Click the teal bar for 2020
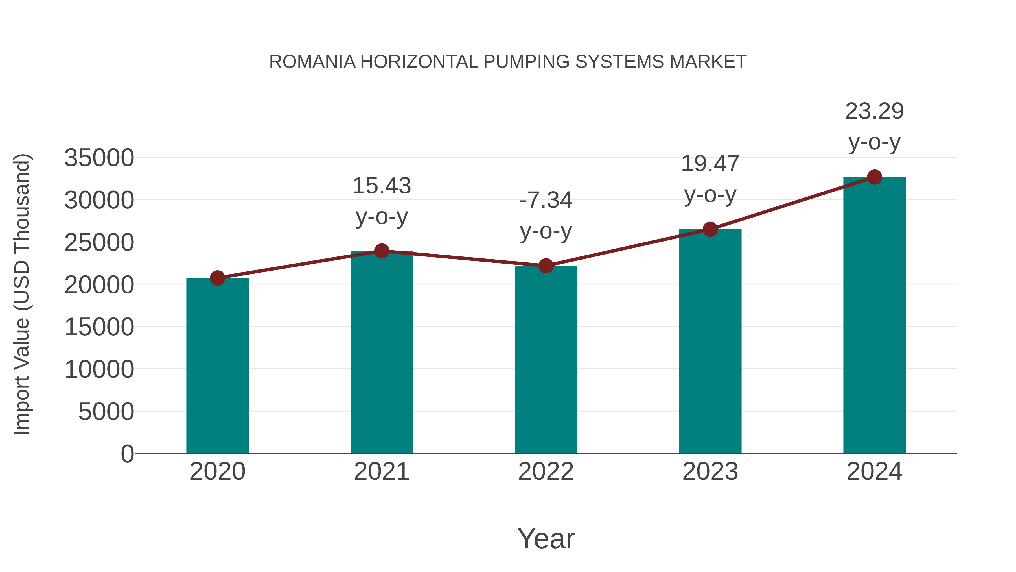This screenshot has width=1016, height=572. pyautogui.click(x=217, y=365)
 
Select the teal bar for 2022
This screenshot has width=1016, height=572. pyautogui.click(x=546, y=359)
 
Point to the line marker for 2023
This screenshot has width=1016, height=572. pyautogui.click(x=710, y=229)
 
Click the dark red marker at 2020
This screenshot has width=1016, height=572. pyautogui.click(x=217, y=278)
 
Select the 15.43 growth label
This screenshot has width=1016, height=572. pyautogui.click(x=381, y=186)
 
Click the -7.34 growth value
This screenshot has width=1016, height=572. pyautogui.click(x=546, y=200)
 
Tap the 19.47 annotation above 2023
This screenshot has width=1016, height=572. pyautogui.click(x=710, y=164)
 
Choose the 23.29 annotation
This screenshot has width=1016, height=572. pyautogui.click(x=874, y=111)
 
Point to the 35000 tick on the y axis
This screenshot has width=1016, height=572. pyautogui.click(x=99, y=158)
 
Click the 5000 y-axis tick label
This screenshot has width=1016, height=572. pyautogui.click(x=106, y=412)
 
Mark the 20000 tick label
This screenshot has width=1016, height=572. pyautogui.click(x=99, y=285)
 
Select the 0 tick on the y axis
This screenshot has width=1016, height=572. pyautogui.click(x=127, y=454)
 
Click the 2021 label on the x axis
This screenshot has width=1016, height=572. pyautogui.click(x=381, y=471)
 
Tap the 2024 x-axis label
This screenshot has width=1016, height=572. pyautogui.click(x=874, y=471)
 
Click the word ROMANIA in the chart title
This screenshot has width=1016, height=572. pyautogui.click(x=312, y=62)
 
